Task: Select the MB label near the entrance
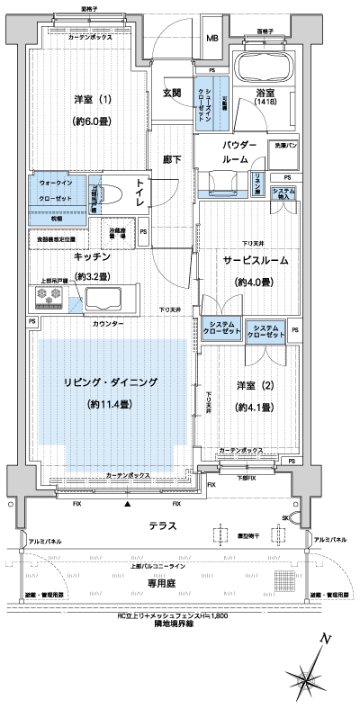coord(212,39)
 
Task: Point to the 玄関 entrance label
coord(173,92)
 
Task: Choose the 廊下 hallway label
coord(172,159)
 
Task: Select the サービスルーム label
coord(256,260)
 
